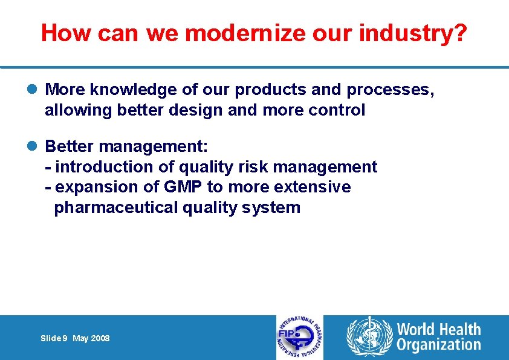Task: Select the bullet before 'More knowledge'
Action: click(36, 90)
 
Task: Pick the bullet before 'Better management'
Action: click(36, 146)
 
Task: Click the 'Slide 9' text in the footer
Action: click(54, 338)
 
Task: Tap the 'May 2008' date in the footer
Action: click(91, 338)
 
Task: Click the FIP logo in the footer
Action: click(299, 338)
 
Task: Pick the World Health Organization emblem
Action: click(368, 338)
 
